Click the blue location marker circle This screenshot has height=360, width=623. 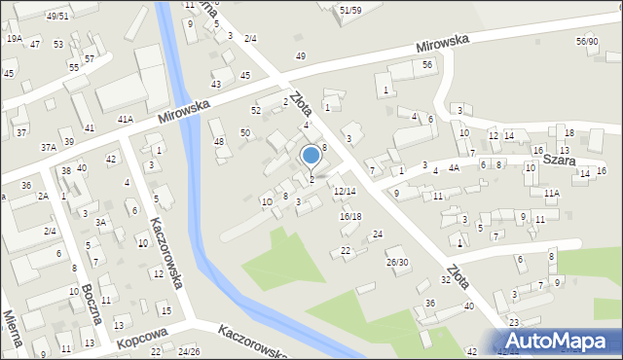click(x=311, y=155)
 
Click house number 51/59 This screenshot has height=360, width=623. click(x=350, y=10)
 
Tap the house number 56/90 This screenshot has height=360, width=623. click(x=586, y=41)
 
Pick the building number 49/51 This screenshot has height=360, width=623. click(x=57, y=16)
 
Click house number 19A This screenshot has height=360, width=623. click(x=14, y=39)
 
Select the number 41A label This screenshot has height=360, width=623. click(x=125, y=119)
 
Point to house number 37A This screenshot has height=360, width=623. click(x=48, y=147)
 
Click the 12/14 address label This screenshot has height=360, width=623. click(x=345, y=192)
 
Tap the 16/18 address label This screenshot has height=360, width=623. click(x=350, y=216)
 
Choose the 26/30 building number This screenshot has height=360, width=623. click(x=397, y=262)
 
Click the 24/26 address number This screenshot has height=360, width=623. click(x=189, y=351)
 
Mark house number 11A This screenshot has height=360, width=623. click(x=552, y=194)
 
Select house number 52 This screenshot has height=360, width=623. click(x=255, y=111)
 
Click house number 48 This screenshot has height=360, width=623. click(x=219, y=142)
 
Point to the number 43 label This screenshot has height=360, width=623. click(x=216, y=85)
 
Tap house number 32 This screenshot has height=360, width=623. click(x=445, y=280)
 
